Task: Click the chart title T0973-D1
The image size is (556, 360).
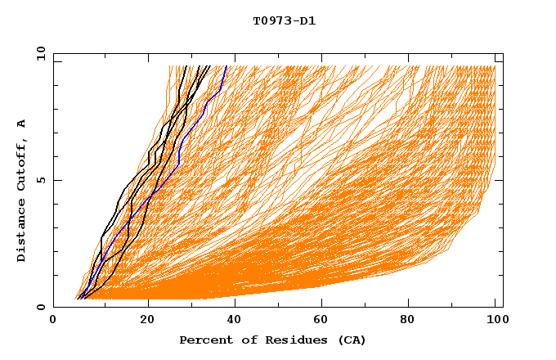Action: pos(284,20)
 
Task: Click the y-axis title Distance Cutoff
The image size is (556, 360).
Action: pos(22,190)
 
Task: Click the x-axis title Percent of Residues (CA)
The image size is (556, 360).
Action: pos(272,340)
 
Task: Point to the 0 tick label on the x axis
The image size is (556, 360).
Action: pos(53,322)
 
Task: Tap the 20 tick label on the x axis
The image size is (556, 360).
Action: pos(148,322)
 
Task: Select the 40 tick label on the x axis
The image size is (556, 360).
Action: pos(236,322)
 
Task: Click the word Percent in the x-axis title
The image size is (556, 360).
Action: pos(204,340)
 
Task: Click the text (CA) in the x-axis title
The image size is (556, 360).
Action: pos(351,340)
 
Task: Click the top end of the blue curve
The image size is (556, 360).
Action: pos(226,66)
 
